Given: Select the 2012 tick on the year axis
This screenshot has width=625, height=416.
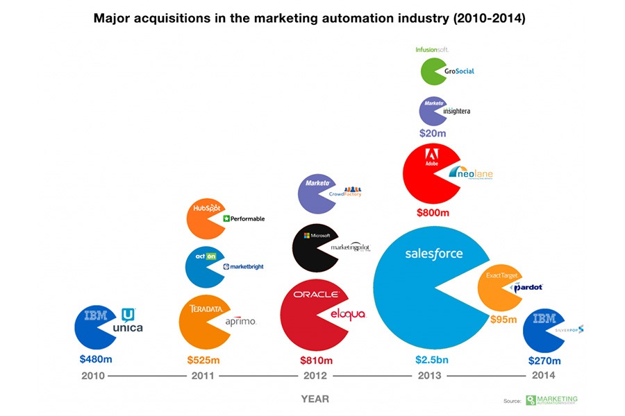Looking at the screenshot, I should coord(316,376).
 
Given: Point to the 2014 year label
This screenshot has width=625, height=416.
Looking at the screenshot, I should coord(542,376).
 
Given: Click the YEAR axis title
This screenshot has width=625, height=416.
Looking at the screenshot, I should coord(315,399).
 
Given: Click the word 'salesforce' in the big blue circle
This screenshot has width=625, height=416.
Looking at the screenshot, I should coord(433,254).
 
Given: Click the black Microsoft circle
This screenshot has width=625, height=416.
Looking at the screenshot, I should coord(315,246).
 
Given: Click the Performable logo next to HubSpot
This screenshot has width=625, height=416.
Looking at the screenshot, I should coord(244,218).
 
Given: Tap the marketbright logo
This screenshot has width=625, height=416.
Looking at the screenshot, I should coord(243,266).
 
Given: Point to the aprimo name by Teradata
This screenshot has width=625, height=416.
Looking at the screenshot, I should coord(241,321).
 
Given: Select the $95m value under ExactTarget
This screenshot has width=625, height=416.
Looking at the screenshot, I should coord(503,320).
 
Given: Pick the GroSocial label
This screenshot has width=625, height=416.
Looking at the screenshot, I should coord(460,71).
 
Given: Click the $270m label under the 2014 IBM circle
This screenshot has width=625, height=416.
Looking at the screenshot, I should coord(544,361).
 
